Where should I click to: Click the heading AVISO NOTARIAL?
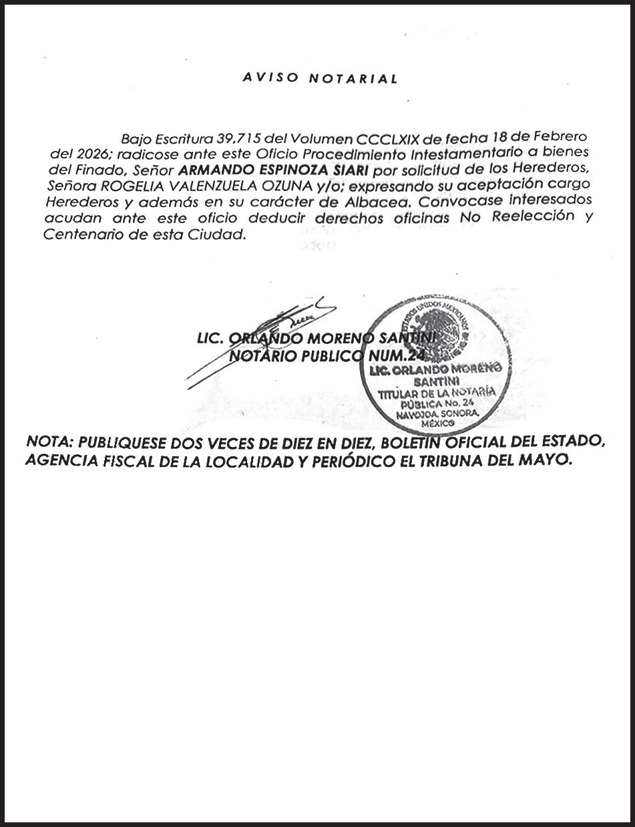click(320, 79)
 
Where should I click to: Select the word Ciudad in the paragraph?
click(222, 234)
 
